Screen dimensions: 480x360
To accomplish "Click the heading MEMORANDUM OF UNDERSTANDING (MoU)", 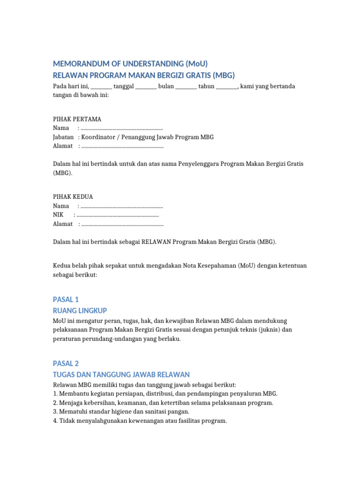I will (130, 64).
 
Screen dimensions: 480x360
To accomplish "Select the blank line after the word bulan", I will (186, 87).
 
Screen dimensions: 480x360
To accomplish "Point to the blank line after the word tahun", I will (227, 87).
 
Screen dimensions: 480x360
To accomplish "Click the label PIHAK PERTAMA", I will (77, 119).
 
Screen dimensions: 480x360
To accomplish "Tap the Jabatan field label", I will (63, 137).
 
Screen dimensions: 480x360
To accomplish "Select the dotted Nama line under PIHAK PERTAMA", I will (122, 128).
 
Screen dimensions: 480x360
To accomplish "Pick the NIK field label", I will (58, 215).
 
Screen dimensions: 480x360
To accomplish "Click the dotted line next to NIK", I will (118, 215).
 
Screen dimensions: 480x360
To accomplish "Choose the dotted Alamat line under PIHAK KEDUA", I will (122, 224).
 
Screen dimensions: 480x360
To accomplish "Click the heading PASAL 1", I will (66, 300).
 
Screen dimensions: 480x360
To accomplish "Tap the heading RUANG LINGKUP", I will (80, 310).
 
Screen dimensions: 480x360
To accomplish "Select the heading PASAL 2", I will (66, 363).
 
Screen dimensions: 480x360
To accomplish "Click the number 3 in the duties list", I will (55, 412).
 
